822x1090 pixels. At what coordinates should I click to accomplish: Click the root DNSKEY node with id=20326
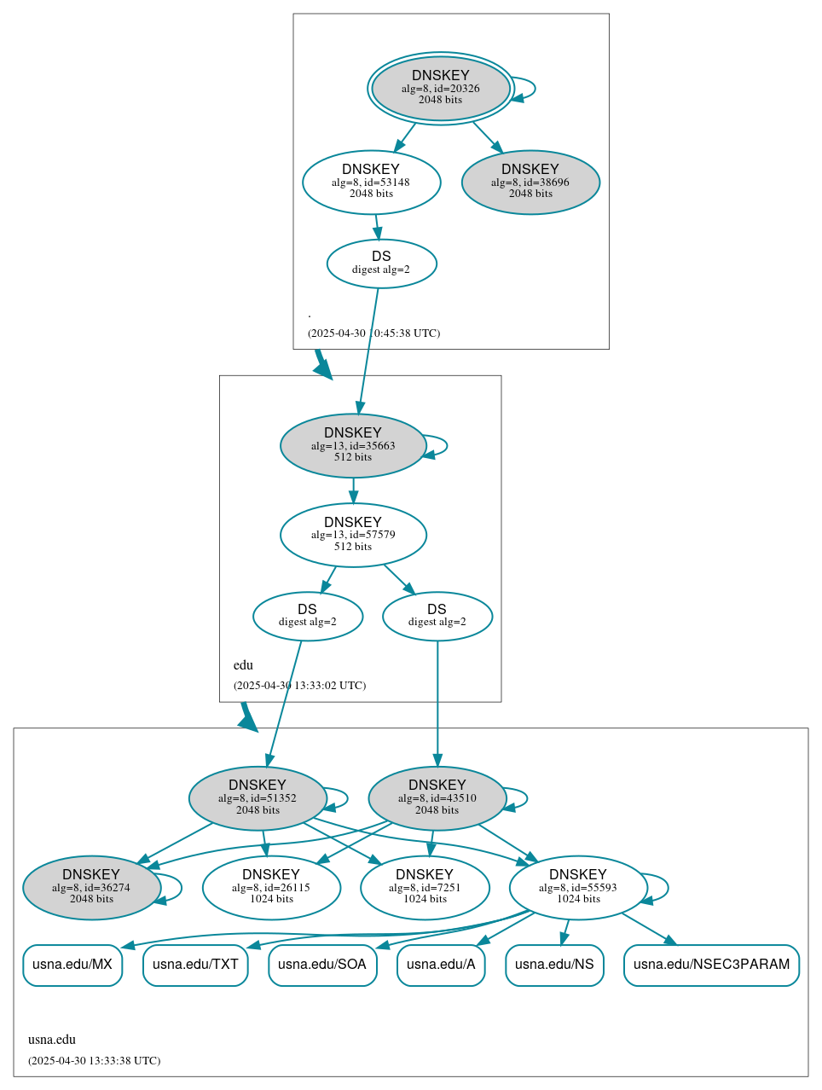[441, 88]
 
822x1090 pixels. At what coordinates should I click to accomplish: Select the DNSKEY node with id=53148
[371, 182]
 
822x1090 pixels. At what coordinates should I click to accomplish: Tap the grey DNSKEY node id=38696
[530, 182]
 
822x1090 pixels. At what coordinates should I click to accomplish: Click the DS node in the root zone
[381, 264]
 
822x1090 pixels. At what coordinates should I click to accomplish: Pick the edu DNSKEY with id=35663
[353, 445]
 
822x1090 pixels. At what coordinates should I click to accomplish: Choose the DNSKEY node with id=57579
[353, 535]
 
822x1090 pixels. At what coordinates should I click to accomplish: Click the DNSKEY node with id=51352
[258, 798]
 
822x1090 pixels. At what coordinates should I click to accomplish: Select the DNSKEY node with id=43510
[437, 798]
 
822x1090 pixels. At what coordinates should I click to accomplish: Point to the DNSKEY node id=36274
[91, 888]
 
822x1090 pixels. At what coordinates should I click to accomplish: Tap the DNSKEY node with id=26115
[271, 888]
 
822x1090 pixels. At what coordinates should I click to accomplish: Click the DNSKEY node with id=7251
[425, 888]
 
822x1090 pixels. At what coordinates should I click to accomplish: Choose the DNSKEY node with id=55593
[578, 888]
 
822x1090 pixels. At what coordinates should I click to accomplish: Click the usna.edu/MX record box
[72, 965]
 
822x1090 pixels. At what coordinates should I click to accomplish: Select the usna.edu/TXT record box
[195, 965]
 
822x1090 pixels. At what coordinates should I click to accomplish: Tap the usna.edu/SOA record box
[322, 965]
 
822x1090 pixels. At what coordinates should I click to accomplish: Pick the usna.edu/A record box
[441, 965]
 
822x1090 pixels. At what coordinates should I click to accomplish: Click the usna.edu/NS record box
[554, 965]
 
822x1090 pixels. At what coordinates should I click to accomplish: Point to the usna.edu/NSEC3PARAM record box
[711, 965]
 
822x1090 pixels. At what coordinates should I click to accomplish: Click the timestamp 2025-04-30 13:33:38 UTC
[94, 1061]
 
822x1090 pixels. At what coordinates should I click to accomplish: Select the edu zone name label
[243, 665]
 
